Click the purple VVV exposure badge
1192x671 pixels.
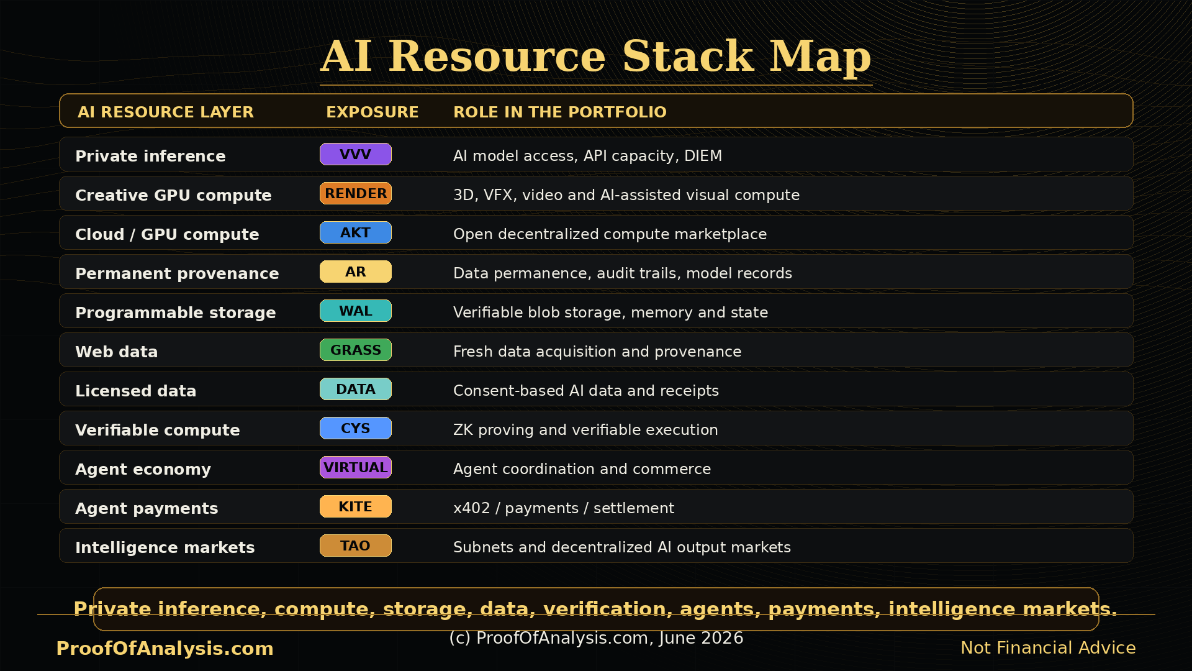point(355,154)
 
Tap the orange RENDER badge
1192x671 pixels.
point(355,193)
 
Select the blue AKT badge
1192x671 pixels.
point(355,232)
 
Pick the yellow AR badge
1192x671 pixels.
point(355,272)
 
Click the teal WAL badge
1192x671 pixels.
point(355,311)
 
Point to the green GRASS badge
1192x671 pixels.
point(355,350)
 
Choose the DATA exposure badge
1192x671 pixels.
point(355,389)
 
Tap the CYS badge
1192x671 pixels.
point(355,428)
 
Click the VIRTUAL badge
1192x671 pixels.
point(355,467)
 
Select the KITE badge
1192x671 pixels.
point(355,506)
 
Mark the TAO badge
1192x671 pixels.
point(355,545)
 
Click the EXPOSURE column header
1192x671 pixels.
point(372,112)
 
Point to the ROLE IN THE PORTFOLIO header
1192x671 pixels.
point(560,112)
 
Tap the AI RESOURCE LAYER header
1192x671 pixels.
point(166,112)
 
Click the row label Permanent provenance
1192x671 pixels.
point(177,273)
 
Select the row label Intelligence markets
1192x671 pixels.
point(165,547)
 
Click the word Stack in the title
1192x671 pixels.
point(688,56)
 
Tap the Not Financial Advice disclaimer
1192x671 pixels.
point(1048,648)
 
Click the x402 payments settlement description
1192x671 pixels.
point(564,508)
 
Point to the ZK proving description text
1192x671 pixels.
point(585,430)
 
